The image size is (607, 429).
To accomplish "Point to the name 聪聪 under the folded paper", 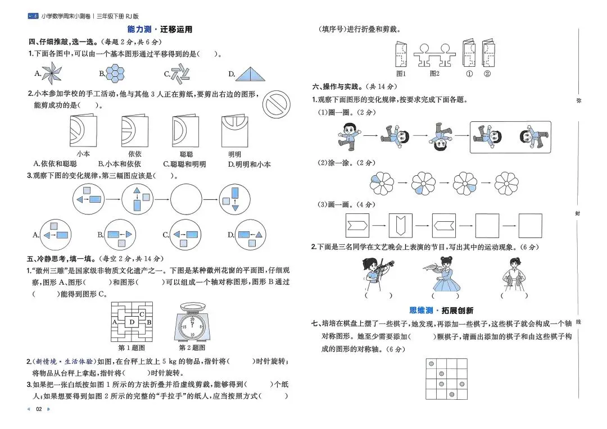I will click(x=187, y=154).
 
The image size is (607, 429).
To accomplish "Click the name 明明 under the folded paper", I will click(x=235, y=154).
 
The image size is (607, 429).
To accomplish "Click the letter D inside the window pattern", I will click(x=132, y=322).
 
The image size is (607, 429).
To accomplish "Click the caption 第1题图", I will click(x=132, y=348).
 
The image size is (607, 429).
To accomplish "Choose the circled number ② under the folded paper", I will click(x=487, y=74).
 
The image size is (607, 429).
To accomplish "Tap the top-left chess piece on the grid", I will click(x=432, y=363).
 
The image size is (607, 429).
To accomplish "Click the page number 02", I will click(x=39, y=409).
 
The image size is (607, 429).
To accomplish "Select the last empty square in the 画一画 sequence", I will click(x=530, y=225).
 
